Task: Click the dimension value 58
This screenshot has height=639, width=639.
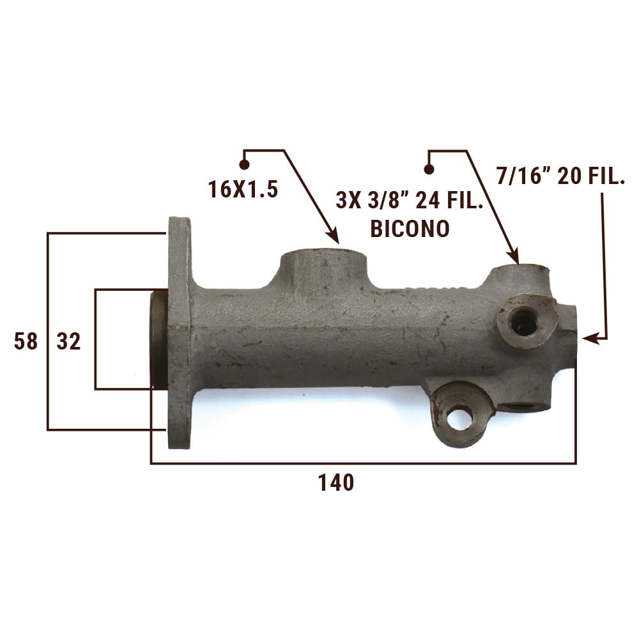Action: coord(26,341)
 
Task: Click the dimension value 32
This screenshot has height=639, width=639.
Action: coord(68,341)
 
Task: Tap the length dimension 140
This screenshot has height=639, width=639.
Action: coord(336,482)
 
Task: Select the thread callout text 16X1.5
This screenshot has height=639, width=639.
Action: coord(243,190)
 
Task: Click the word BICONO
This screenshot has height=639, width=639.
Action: coord(410,229)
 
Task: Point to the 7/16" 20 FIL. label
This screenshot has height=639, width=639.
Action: coord(561,176)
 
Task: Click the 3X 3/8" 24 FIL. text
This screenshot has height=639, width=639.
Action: coord(409,200)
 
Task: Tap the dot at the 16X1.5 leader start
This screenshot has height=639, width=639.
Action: coord(244,165)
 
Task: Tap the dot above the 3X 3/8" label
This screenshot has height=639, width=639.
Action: coord(429,169)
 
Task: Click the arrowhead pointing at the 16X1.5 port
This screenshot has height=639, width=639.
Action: coord(334,237)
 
